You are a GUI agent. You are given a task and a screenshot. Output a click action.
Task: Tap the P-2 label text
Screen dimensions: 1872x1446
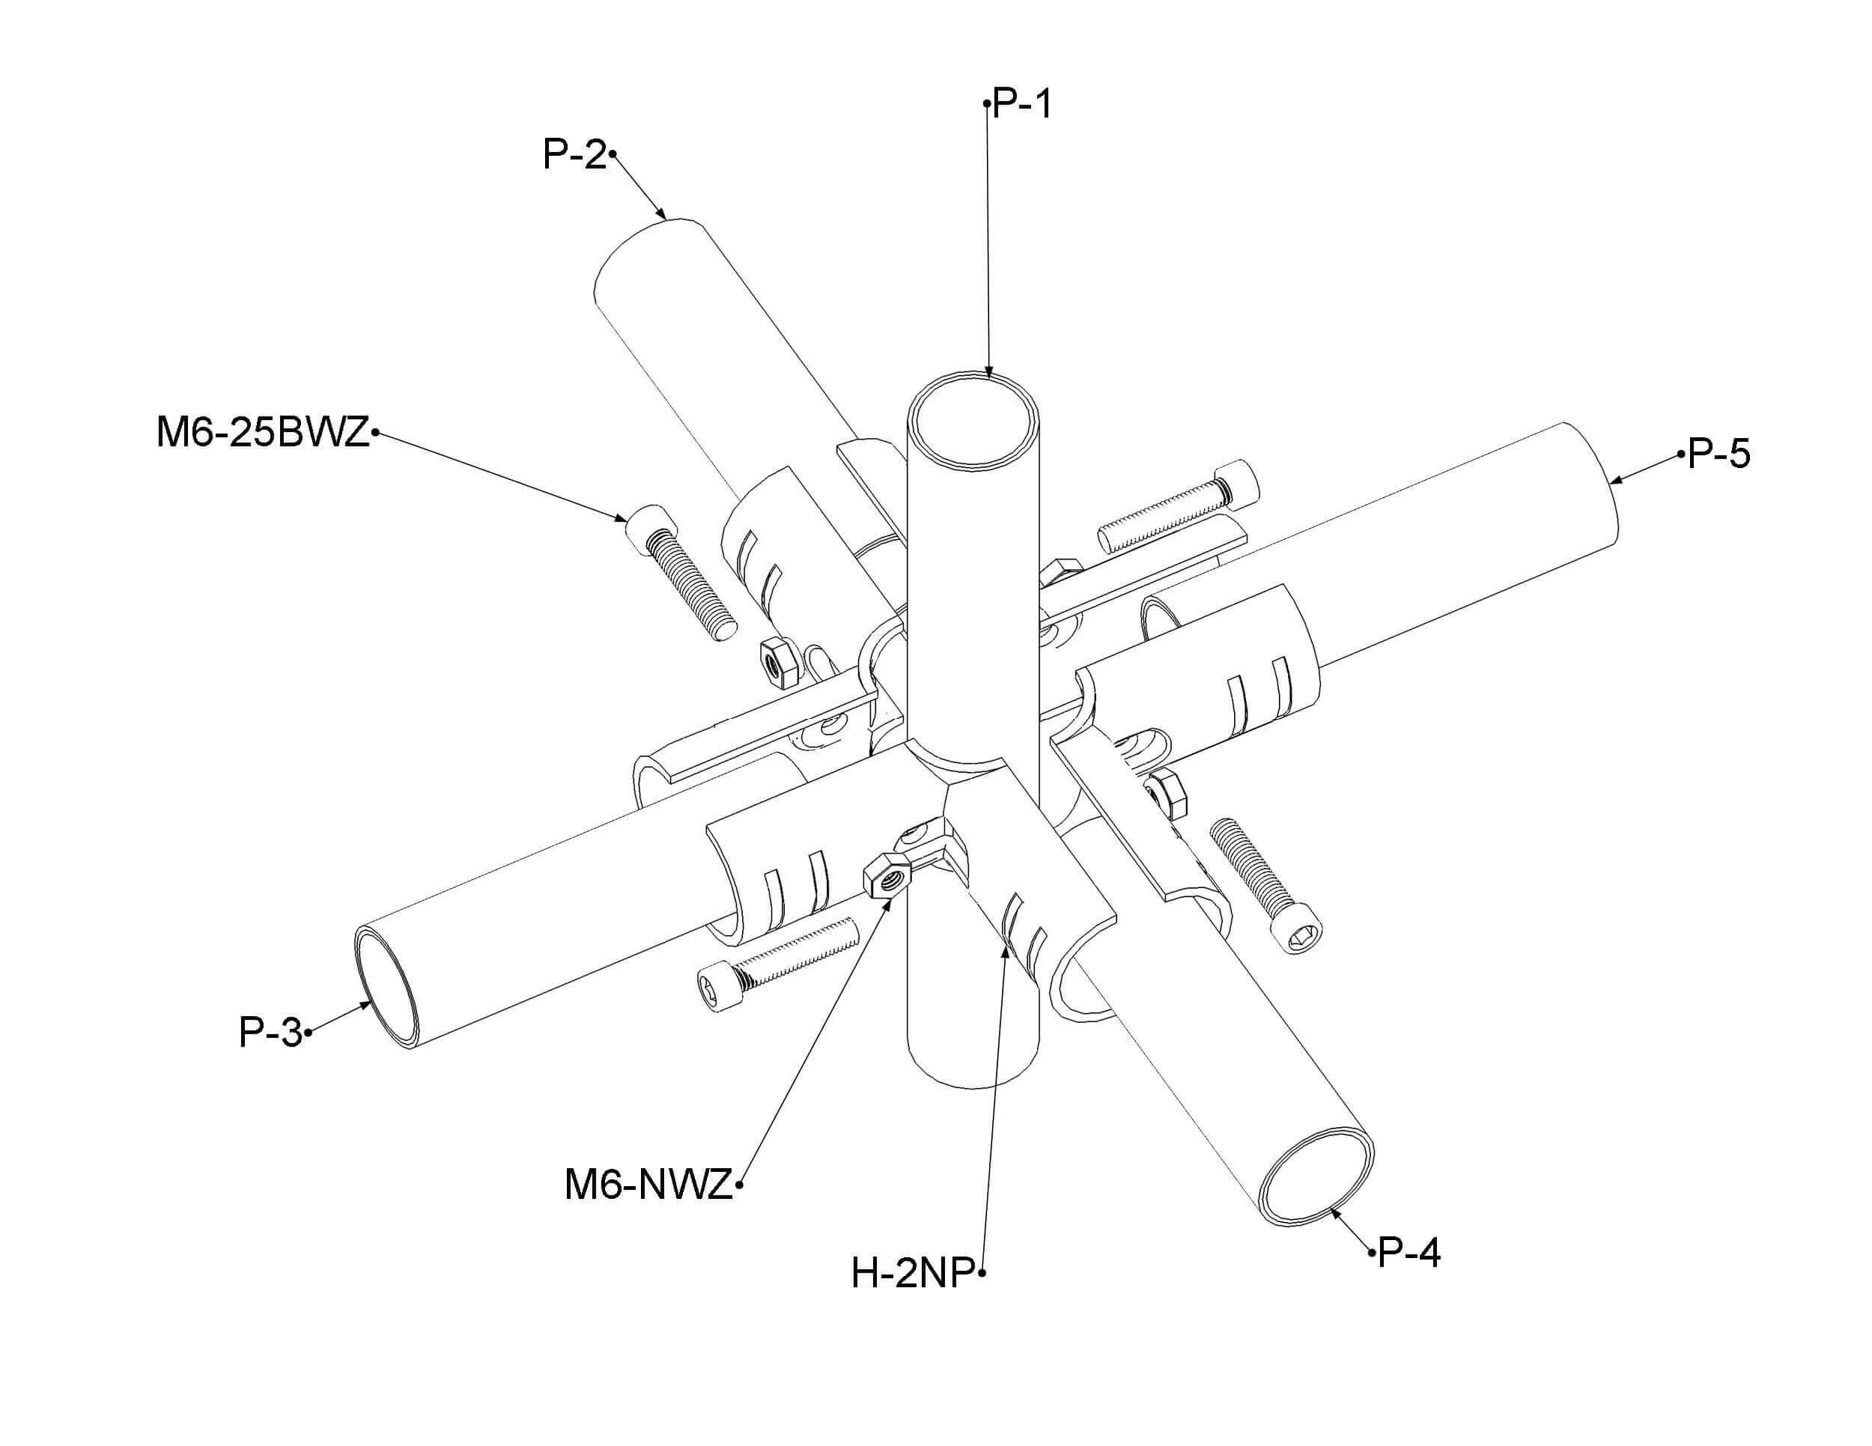(x=574, y=154)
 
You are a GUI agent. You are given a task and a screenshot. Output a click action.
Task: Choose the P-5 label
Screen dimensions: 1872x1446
(x=1718, y=454)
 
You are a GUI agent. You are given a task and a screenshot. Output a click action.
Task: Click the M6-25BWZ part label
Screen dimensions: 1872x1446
(x=262, y=433)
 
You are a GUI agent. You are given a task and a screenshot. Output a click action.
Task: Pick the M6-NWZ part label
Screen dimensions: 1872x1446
(x=648, y=1185)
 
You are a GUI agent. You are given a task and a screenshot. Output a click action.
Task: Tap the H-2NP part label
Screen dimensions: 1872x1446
(x=913, y=1274)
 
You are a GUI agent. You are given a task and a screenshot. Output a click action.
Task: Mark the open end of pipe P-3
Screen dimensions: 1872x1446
(x=385, y=986)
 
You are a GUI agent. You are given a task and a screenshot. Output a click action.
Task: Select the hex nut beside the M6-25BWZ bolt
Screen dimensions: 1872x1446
(x=780, y=663)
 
